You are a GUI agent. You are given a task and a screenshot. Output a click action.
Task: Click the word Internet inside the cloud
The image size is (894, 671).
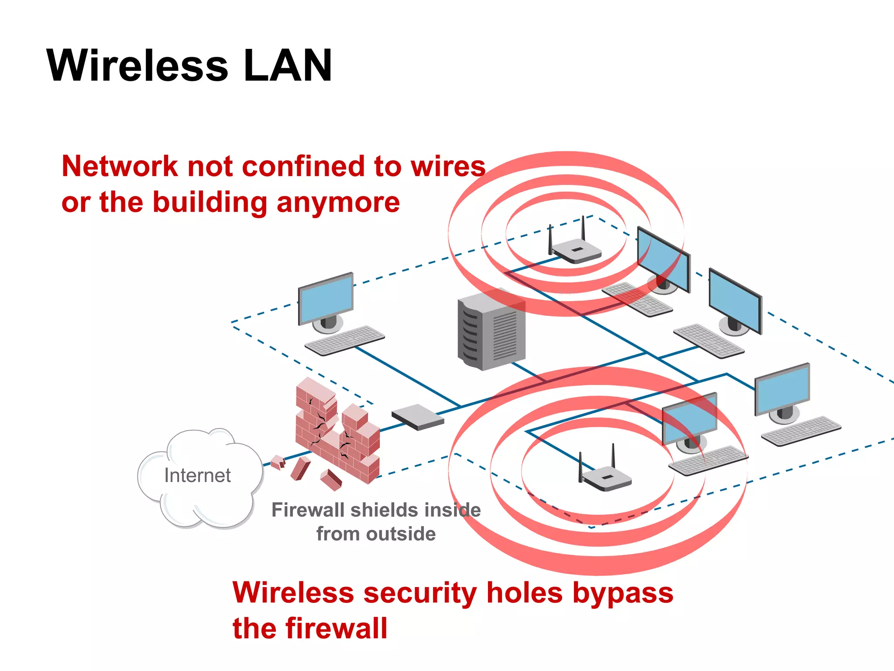coord(197,475)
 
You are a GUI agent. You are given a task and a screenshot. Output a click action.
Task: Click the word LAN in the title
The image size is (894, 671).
coord(288,66)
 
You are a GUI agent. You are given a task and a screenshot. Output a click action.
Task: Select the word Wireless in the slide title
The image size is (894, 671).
coord(137,66)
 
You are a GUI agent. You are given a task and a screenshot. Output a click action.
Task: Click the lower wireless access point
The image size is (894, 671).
coord(607,478)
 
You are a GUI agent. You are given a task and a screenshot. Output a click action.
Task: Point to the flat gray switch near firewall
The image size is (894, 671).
coord(418,417)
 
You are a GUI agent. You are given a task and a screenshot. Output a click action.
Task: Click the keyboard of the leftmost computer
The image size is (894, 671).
coord(345,340)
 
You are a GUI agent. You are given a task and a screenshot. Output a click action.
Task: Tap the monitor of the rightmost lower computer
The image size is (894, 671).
coord(782,389)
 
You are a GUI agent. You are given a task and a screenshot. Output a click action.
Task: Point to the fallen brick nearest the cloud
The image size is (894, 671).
coord(278,462)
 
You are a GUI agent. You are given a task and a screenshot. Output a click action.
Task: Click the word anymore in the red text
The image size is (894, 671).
coord(338,203)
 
